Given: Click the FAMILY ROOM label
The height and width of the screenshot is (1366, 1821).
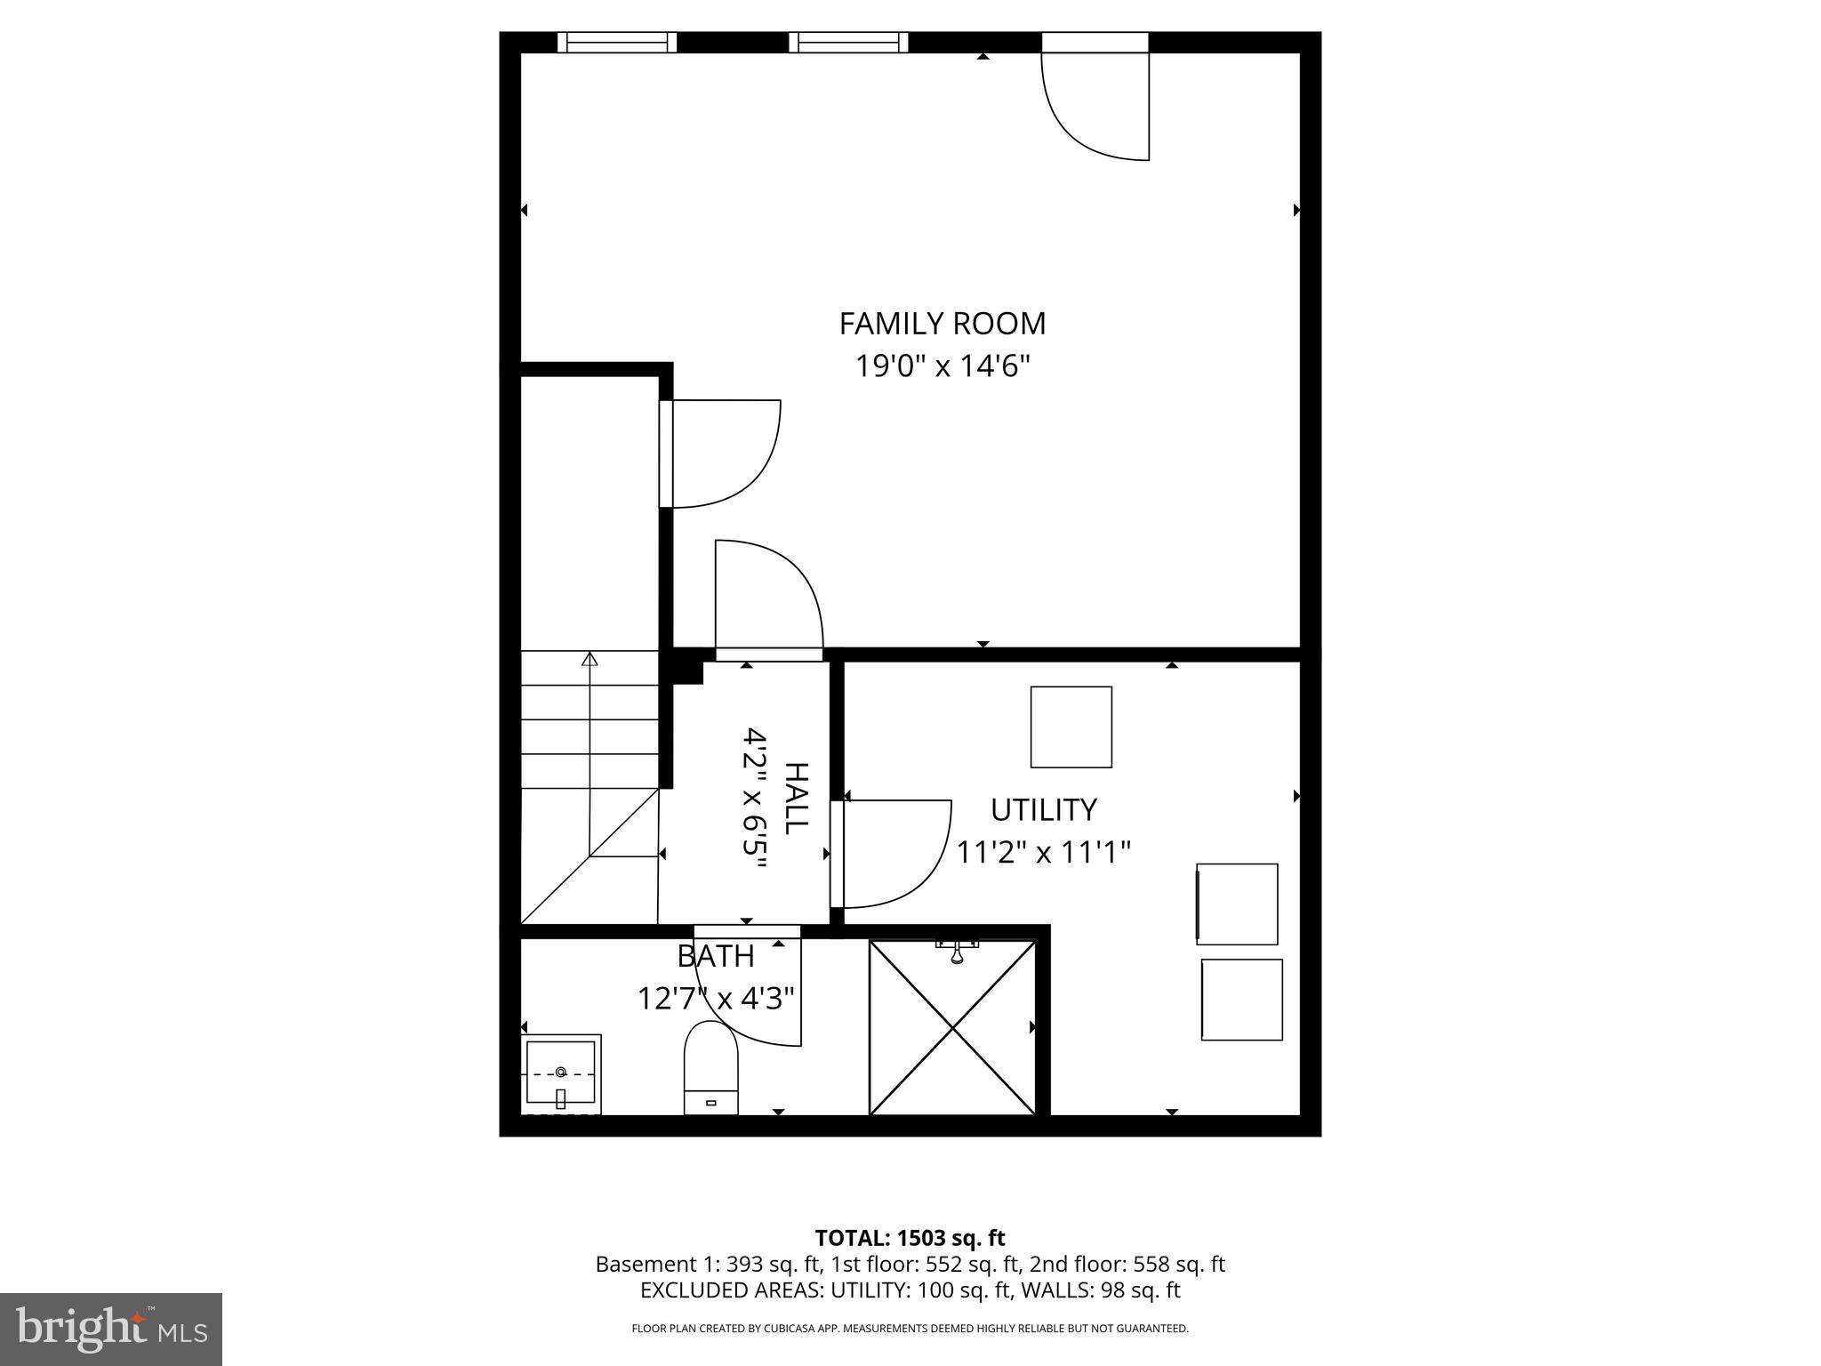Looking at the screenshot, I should click(x=942, y=323).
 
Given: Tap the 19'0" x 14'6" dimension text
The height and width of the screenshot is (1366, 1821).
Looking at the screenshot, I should click(x=942, y=366).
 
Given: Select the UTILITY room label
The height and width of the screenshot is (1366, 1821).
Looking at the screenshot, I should click(x=1043, y=810).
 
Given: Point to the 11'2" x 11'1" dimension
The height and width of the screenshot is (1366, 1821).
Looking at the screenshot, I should click(x=1043, y=853).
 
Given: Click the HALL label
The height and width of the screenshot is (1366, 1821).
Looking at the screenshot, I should click(x=796, y=798).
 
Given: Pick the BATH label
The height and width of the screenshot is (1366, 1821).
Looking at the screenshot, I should click(x=716, y=957).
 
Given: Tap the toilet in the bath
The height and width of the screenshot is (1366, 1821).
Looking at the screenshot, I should click(x=710, y=1067).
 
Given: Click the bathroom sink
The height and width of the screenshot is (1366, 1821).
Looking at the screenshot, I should click(x=560, y=1074).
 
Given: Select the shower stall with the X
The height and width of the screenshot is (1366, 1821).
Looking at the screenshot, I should click(x=952, y=1028).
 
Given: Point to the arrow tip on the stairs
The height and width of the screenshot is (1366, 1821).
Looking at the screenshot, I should click(x=590, y=659).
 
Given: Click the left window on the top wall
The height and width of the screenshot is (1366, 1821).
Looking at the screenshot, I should click(x=617, y=42).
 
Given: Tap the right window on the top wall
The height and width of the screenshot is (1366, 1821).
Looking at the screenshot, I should click(x=848, y=42).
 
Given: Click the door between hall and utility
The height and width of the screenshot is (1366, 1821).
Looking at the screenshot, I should click(x=889, y=854).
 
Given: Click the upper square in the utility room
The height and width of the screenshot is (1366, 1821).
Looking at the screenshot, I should click(x=1071, y=727).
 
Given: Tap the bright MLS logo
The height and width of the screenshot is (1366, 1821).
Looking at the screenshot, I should click(x=111, y=1330).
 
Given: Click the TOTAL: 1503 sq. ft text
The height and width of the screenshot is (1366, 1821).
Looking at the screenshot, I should click(x=910, y=1238).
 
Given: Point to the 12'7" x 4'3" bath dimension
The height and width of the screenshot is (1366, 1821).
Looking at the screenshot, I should click(x=716, y=999).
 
